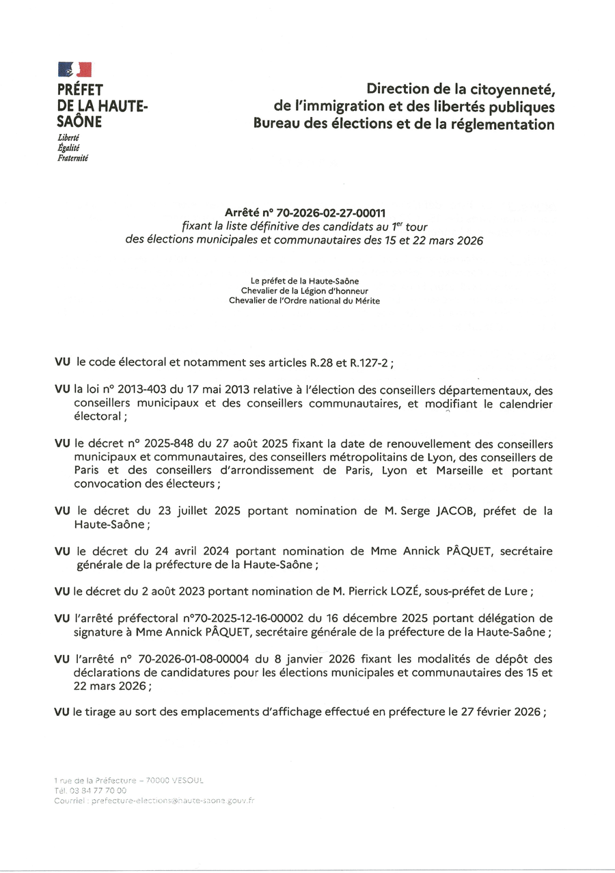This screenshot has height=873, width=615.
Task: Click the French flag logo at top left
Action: click(74, 69)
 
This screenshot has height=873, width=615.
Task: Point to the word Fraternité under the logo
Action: click(73, 158)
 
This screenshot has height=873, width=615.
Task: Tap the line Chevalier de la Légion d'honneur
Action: click(304, 291)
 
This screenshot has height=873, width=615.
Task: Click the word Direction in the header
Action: click(400, 89)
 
